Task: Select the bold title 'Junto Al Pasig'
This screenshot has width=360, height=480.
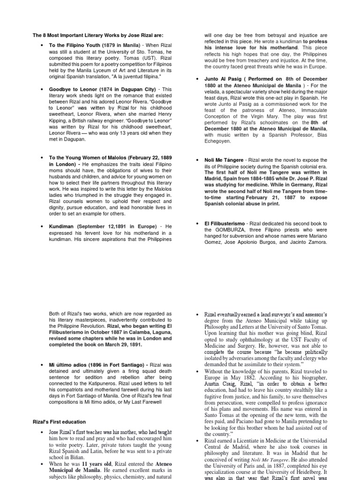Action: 222,79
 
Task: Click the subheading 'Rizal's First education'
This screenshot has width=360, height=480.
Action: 59,422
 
